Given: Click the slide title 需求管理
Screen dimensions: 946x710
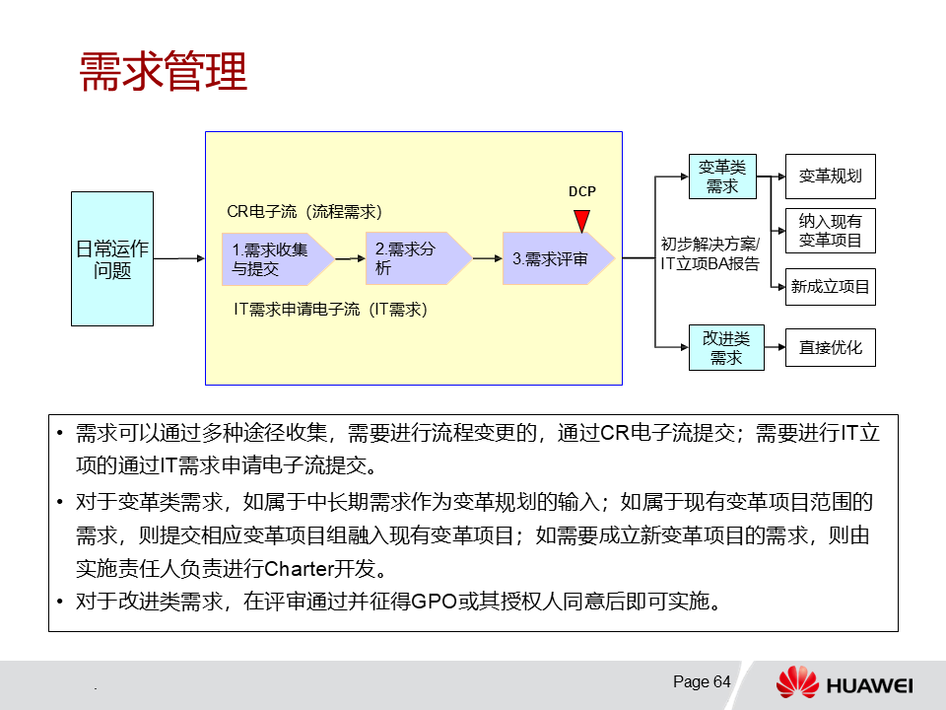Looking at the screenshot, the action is (x=163, y=71).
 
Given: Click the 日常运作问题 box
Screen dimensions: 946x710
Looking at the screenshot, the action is (x=112, y=258).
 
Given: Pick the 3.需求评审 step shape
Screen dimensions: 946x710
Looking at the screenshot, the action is (x=554, y=259).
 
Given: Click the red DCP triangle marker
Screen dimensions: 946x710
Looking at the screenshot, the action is (x=582, y=220).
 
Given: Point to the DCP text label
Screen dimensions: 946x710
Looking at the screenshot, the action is (x=582, y=192).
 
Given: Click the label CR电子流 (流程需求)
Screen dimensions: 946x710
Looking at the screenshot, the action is (x=304, y=212).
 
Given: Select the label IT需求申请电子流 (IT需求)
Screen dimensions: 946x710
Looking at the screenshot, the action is (x=329, y=310).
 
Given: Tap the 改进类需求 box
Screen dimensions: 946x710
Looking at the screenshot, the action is (x=726, y=347).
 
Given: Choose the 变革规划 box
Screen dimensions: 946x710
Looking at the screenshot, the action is (x=830, y=177).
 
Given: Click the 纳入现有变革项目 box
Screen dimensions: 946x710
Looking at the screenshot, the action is (x=830, y=231).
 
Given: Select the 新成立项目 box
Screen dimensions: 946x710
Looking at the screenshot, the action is (x=830, y=287).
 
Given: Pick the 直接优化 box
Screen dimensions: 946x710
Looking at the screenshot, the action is (x=830, y=347).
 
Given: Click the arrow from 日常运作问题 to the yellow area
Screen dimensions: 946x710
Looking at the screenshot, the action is (x=178, y=258).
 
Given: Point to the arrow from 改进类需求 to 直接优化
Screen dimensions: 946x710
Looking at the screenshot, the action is (x=775, y=347).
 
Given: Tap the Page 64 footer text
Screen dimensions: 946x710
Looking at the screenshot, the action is (x=702, y=681).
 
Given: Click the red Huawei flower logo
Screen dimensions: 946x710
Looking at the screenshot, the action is (x=797, y=682).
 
